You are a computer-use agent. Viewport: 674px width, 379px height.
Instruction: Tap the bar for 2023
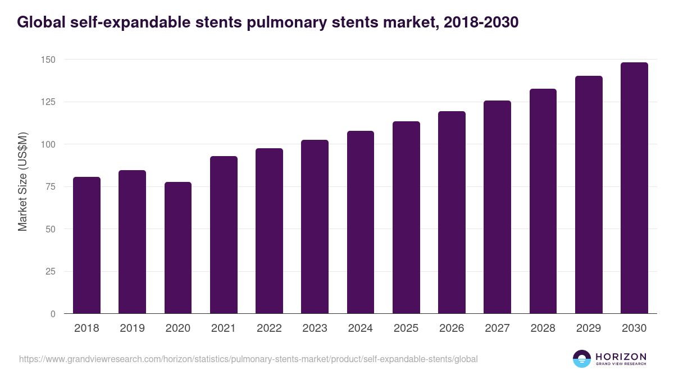click(x=315, y=227)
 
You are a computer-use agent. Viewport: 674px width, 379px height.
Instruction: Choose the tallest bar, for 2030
click(x=634, y=188)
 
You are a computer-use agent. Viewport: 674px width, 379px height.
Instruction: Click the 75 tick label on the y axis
click(x=51, y=187)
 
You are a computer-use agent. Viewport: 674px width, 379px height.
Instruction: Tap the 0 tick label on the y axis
click(x=53, y=314)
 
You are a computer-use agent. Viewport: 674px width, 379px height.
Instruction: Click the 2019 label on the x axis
click(x=132, y=328)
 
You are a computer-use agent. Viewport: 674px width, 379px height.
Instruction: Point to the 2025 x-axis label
click(x=406, y=328)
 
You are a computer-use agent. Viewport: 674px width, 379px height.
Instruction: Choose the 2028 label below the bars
click(x=543, y=328)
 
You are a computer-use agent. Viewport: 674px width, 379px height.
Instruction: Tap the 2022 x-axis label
click(x=269, y=328)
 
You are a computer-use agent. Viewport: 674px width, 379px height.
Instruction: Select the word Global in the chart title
click(x=40, y=22)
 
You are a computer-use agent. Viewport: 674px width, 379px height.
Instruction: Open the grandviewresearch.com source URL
click(x=248, y=359)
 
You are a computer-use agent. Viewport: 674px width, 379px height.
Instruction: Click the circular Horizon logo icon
click(x=582, y=359)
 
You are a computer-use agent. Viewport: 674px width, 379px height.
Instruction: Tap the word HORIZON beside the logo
click(x=621, y=357)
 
